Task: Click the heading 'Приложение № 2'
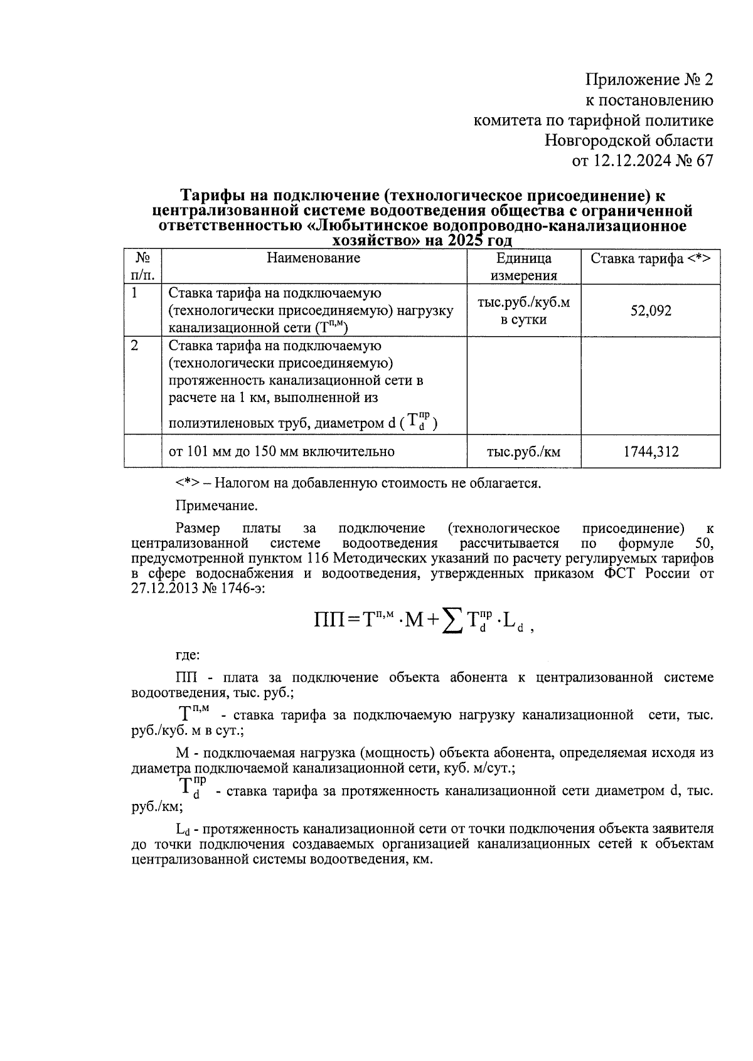pos(649,80)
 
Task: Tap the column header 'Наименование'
pos(313,258)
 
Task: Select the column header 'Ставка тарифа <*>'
pos(650,258)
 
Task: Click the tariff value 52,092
pos(650,310)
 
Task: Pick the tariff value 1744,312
pos(650,451)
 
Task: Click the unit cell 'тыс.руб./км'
pos(523,451)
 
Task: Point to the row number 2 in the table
pos(134,346)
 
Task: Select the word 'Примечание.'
pos(216,505)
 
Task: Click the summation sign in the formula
pos(449,621)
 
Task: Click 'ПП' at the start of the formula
pos(329,621)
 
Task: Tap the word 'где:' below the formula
pos(188,655)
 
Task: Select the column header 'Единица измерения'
pos(523,267)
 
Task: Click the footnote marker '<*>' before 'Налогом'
pos(188,483)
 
